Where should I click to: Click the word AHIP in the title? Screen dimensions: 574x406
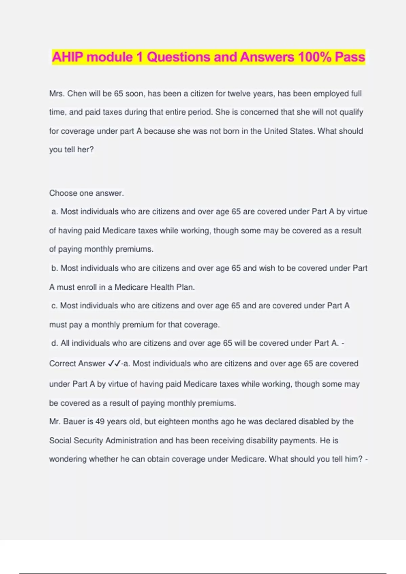tap(67, 57)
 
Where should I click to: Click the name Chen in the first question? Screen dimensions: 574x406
tap(77, 94)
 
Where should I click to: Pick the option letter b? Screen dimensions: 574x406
tap(54, 268)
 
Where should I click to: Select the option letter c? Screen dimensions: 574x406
tap(54, 306)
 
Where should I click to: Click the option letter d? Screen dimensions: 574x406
tap(54, 343)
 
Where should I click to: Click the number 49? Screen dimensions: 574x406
tap(100, 421)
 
